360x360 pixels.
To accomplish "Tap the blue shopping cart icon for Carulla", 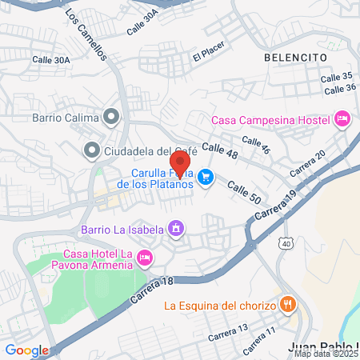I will tap(206, 177).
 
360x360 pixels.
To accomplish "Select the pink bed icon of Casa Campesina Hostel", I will tap(342, 119).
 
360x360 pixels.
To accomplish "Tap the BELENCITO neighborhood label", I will tap(295, 58).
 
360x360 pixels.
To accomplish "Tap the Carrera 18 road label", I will tap(150, 290).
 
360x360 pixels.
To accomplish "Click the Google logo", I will tap(26, 350).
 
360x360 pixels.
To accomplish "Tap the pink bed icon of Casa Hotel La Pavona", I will tap(145, 258).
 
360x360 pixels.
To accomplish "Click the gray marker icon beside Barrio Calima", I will tap(112, 118).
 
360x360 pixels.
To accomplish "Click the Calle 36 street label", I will tap(340, 88).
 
